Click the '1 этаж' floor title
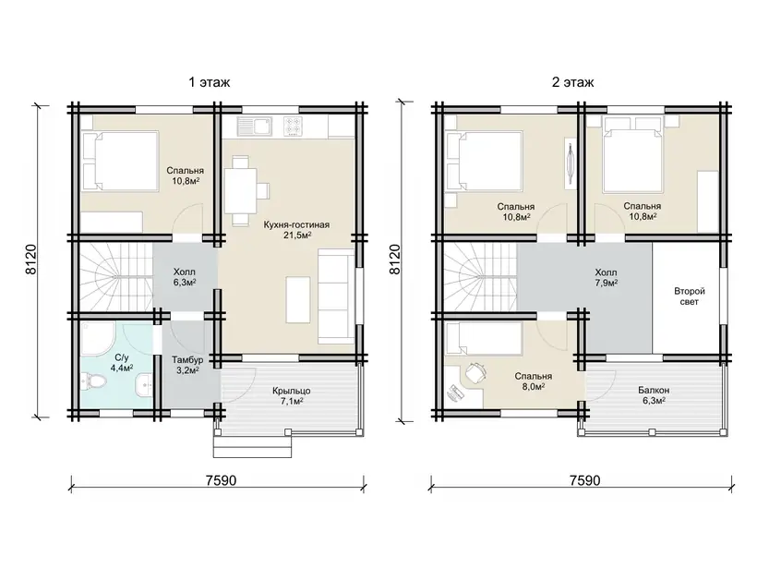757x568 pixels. click(209, 82)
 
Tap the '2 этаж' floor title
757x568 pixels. click(573, 82)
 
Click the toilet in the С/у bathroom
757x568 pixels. click(93, 382)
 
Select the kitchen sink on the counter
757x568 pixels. click(254, 126)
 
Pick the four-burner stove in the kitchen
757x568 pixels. click(293, 126)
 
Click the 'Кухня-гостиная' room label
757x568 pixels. click(296, 225)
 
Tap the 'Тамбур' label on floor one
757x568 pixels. click(187, 360)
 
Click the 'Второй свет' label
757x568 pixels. click(690, 296)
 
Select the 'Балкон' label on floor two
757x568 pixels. click(654, 390)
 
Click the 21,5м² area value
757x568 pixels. click(297, 236)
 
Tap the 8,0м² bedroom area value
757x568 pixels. click(533, 386)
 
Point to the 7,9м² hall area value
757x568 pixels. click(607, 283)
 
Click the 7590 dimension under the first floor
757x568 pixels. click(221, 480)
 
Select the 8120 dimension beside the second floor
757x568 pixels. click(395, 260)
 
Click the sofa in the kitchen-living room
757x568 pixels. click(336, 296)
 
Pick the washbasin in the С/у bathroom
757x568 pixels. click(144, 385)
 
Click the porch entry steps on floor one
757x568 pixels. click(253, 443)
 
